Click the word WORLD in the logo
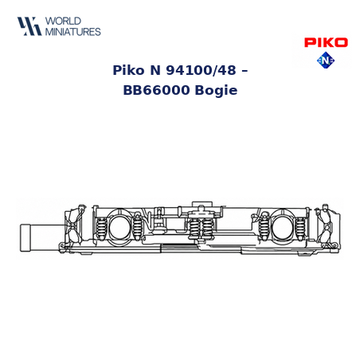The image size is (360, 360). [x=63, y=21]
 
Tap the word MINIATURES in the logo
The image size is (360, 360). [x=73, y=32]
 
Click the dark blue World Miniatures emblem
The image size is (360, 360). [x=29, y=26]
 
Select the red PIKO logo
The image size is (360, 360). [x=326, y=42]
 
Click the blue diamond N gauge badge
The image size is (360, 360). [x=326, y=61]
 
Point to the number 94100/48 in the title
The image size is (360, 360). [x=201, y=70]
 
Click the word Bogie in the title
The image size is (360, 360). [x=216, y=91]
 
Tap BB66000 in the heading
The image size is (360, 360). [x=156, y=90]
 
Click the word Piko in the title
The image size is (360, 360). [x=128, y=70]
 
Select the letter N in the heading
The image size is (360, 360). [x=155, y=70]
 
